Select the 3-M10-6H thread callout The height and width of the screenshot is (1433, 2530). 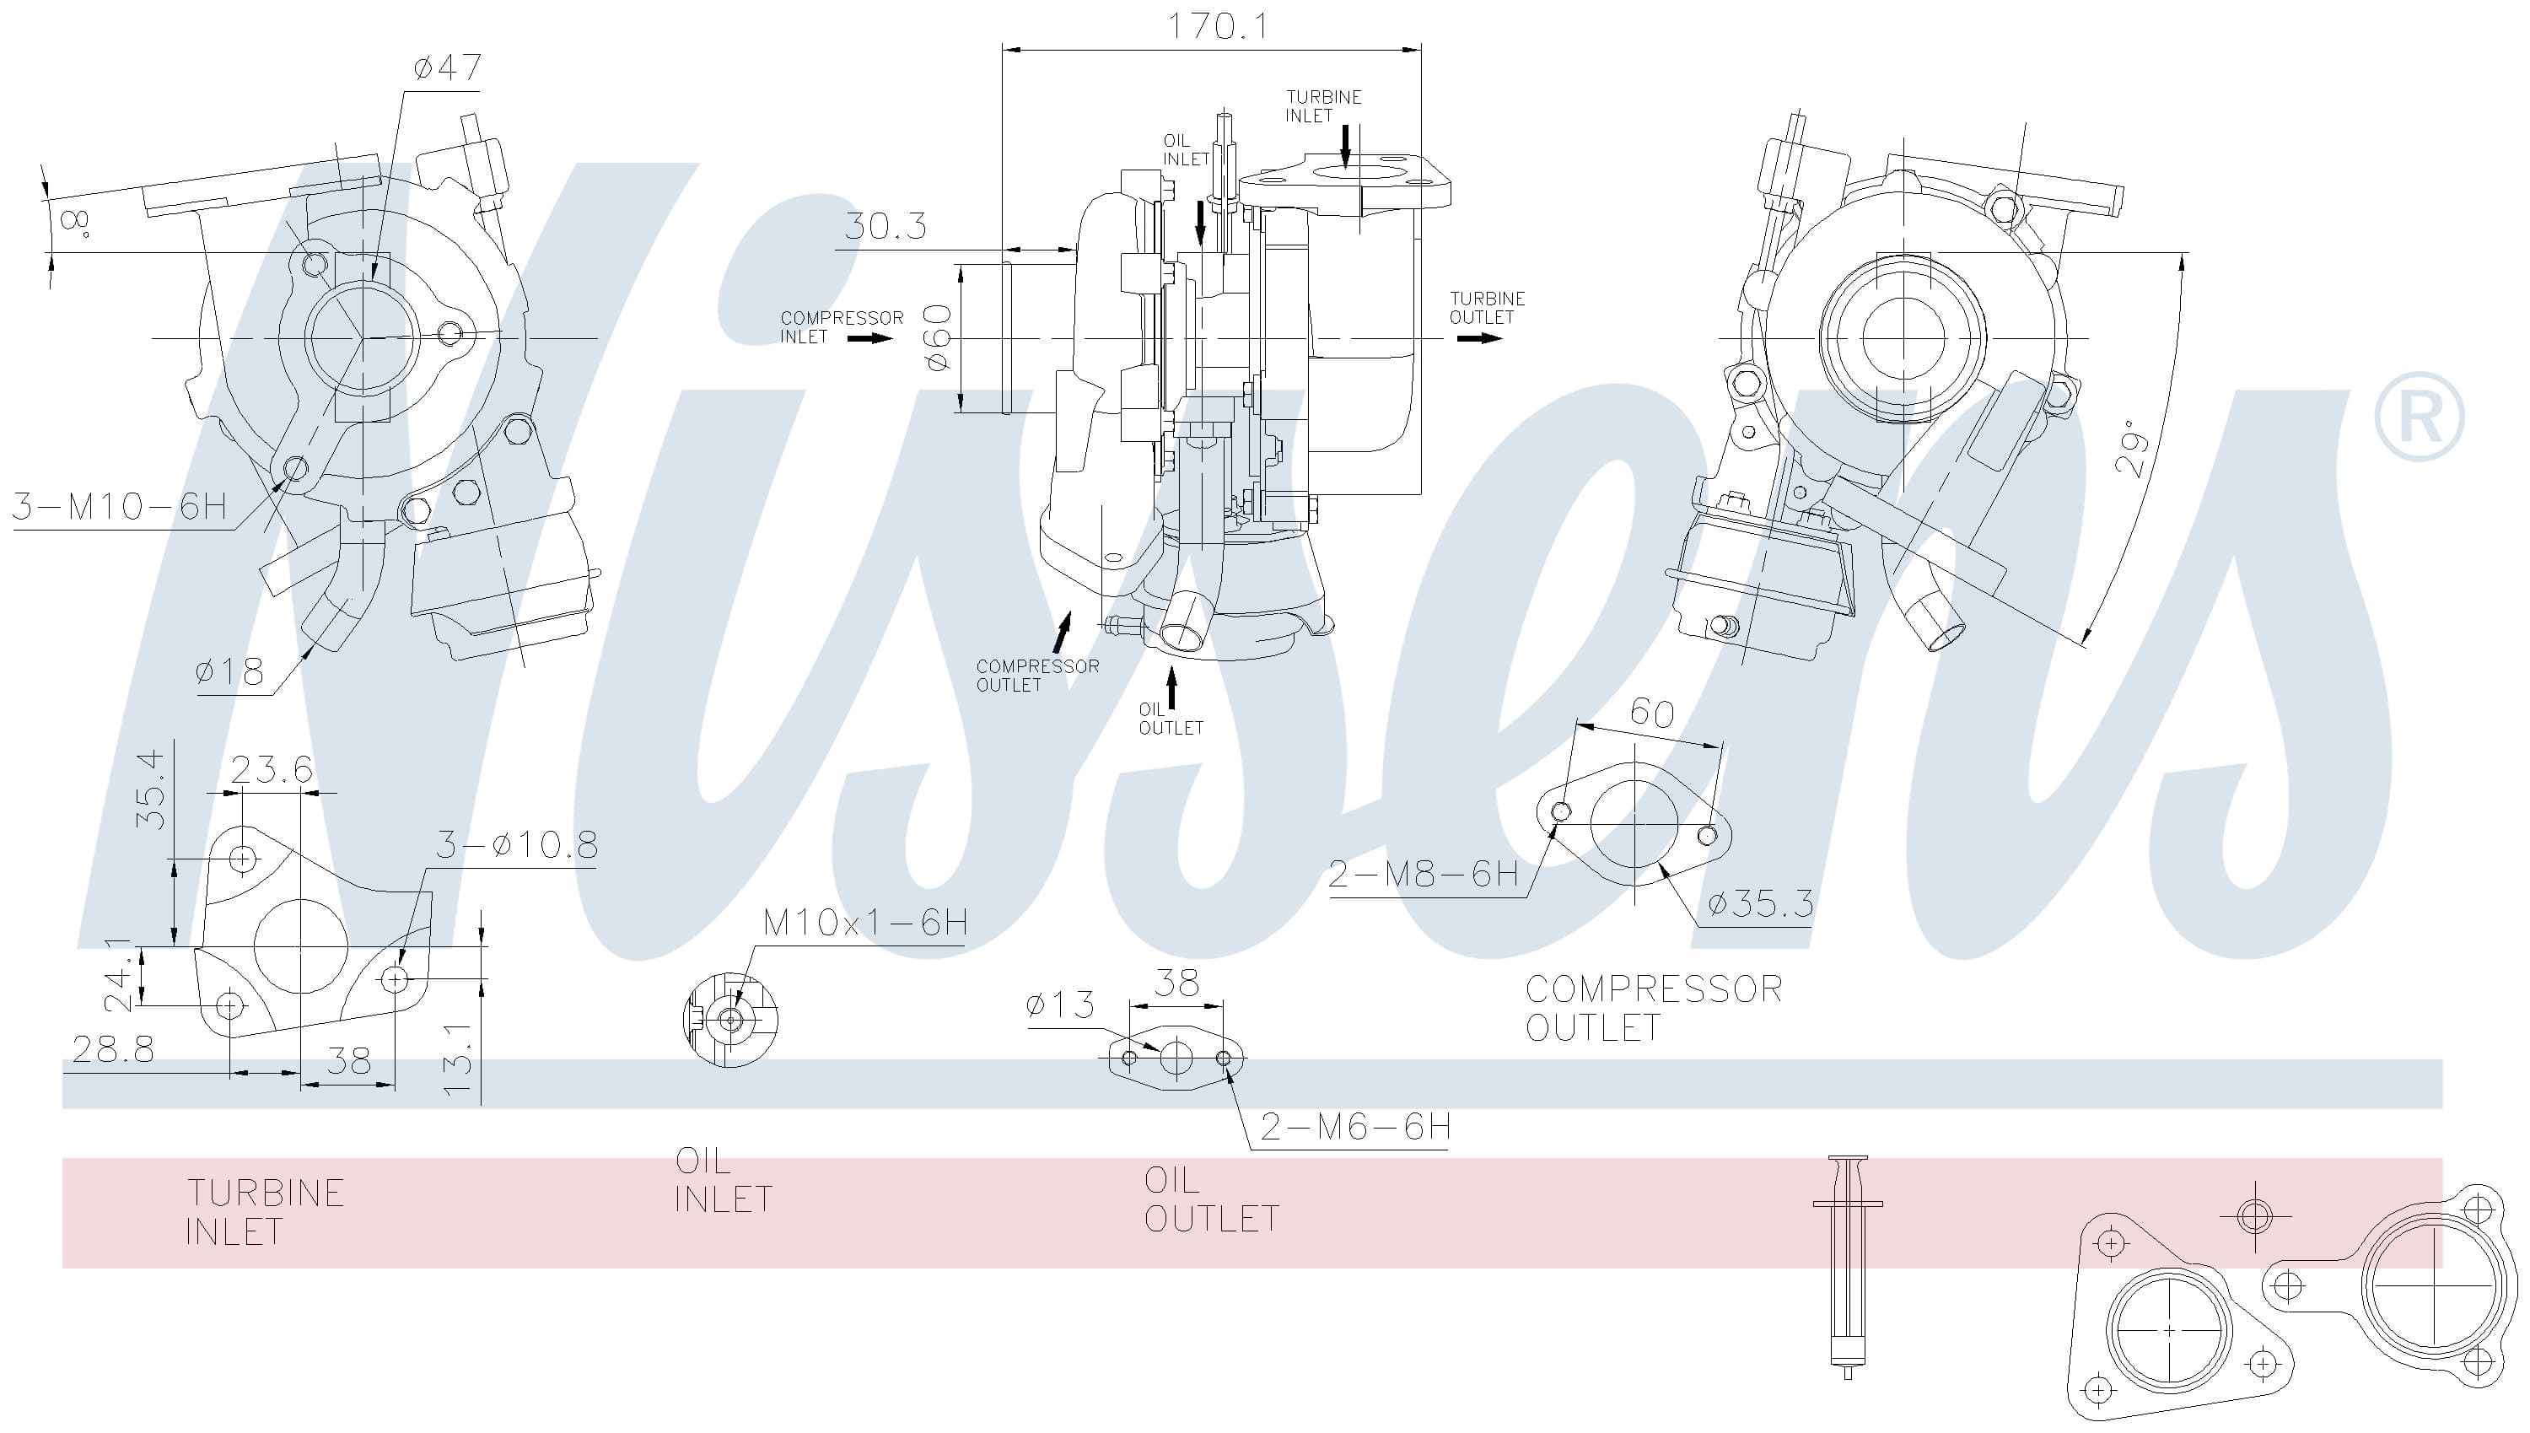pyautogui.click(x=119, y=506)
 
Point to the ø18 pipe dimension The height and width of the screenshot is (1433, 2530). pyautogui.click(x=229, y=672)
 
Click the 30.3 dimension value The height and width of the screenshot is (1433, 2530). pyautogui.click(x=885, y=226)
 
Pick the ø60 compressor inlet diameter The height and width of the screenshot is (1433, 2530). pyautogui.click(x=938, y=337)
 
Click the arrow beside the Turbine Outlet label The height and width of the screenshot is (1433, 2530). pyautogui.click(x=1480, y=338)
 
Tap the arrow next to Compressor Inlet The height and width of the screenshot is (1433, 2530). pyautogui.click(x=871, y=338)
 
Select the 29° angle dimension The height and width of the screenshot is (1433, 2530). pyautogui.click(x=2131, y=449)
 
